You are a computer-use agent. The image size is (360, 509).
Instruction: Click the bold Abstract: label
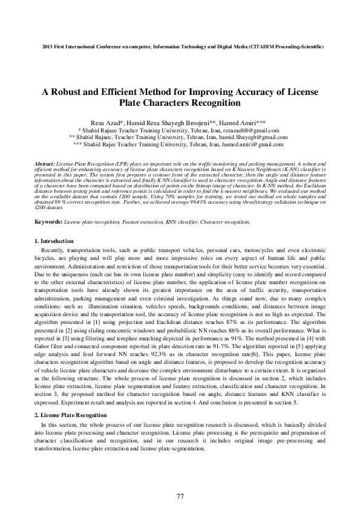click(x=44, y=164)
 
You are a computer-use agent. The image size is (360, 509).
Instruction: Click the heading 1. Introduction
click(x=54, y=241)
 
